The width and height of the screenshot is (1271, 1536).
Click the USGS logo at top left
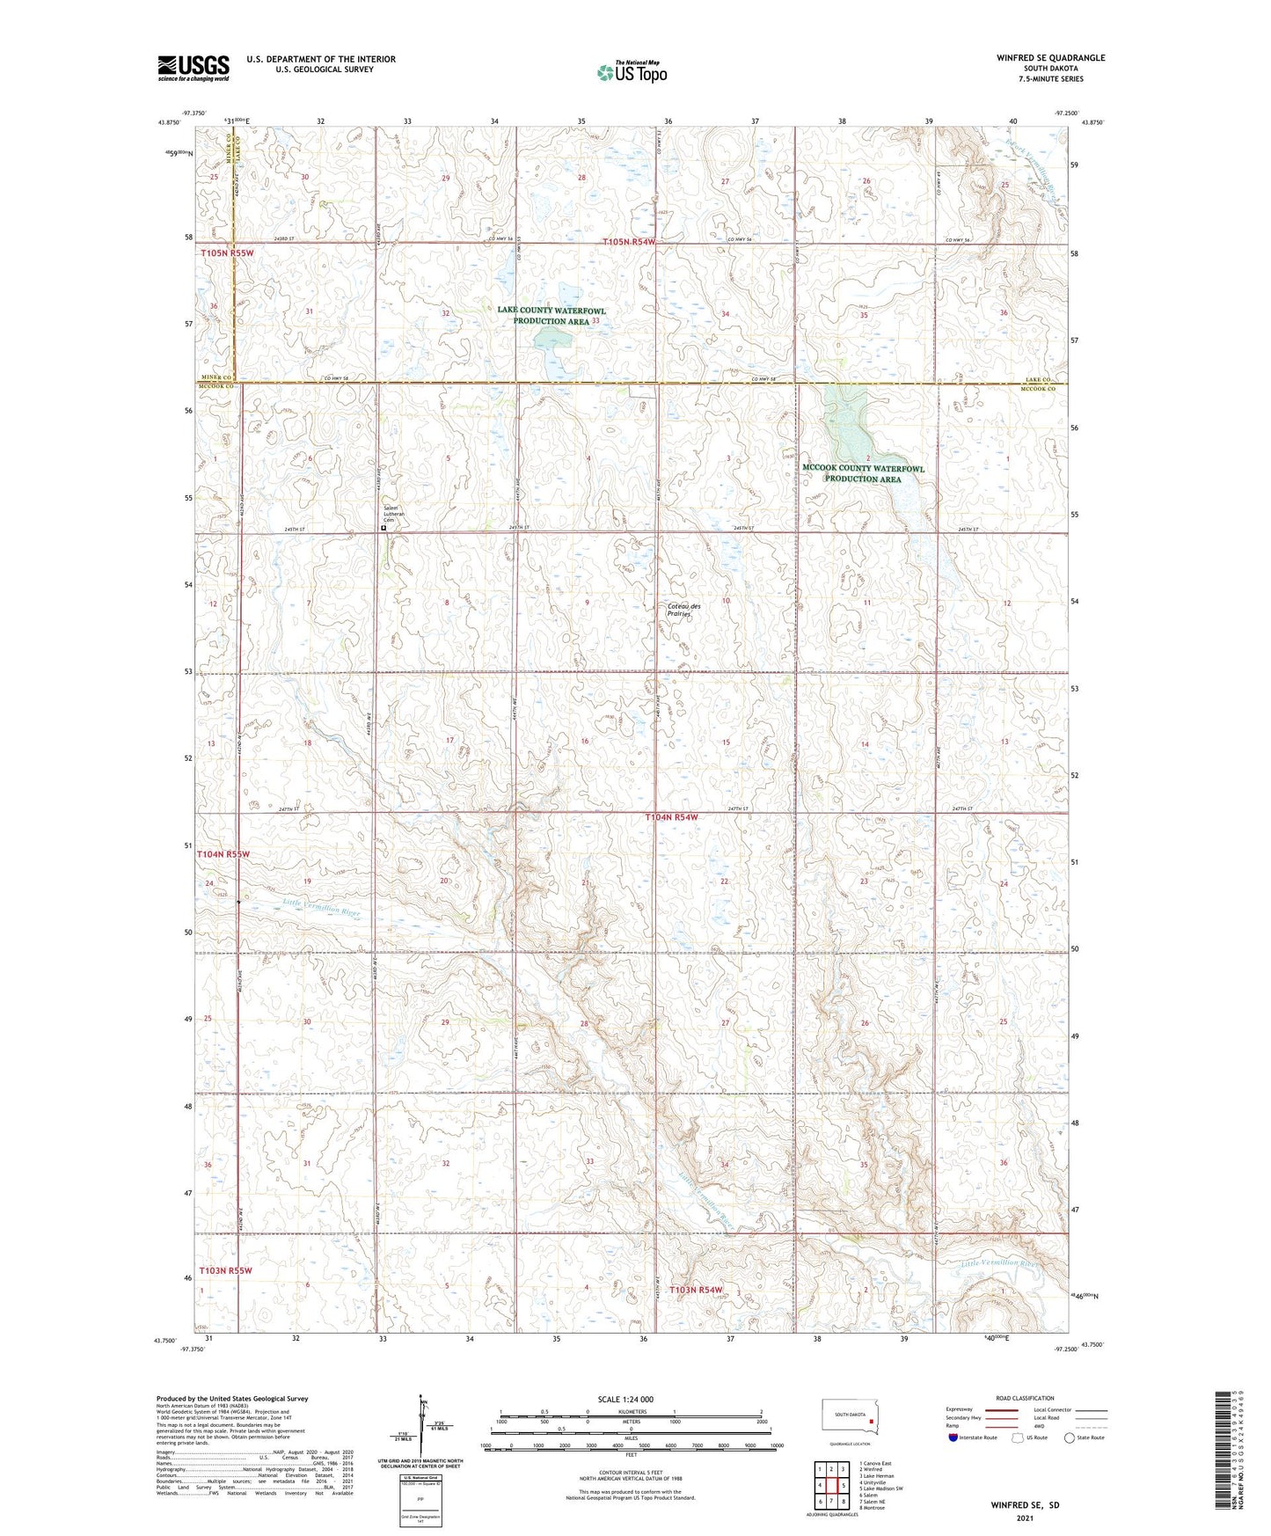[194, 68]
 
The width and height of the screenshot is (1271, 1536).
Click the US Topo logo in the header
[632, 71]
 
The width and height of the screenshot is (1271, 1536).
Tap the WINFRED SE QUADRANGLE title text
[1050, 58]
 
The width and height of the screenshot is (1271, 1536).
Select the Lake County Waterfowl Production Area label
[551, 316]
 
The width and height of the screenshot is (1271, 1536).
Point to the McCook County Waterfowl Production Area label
[863, 474]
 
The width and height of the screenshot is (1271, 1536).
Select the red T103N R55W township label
[225, 1270]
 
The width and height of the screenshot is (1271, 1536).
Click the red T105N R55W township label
[226, 253]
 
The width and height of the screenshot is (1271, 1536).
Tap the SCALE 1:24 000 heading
[625, 1399]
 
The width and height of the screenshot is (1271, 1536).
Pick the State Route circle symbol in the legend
[1070, 1437]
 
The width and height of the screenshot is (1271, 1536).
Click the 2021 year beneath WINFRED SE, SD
[1025, 1518]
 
